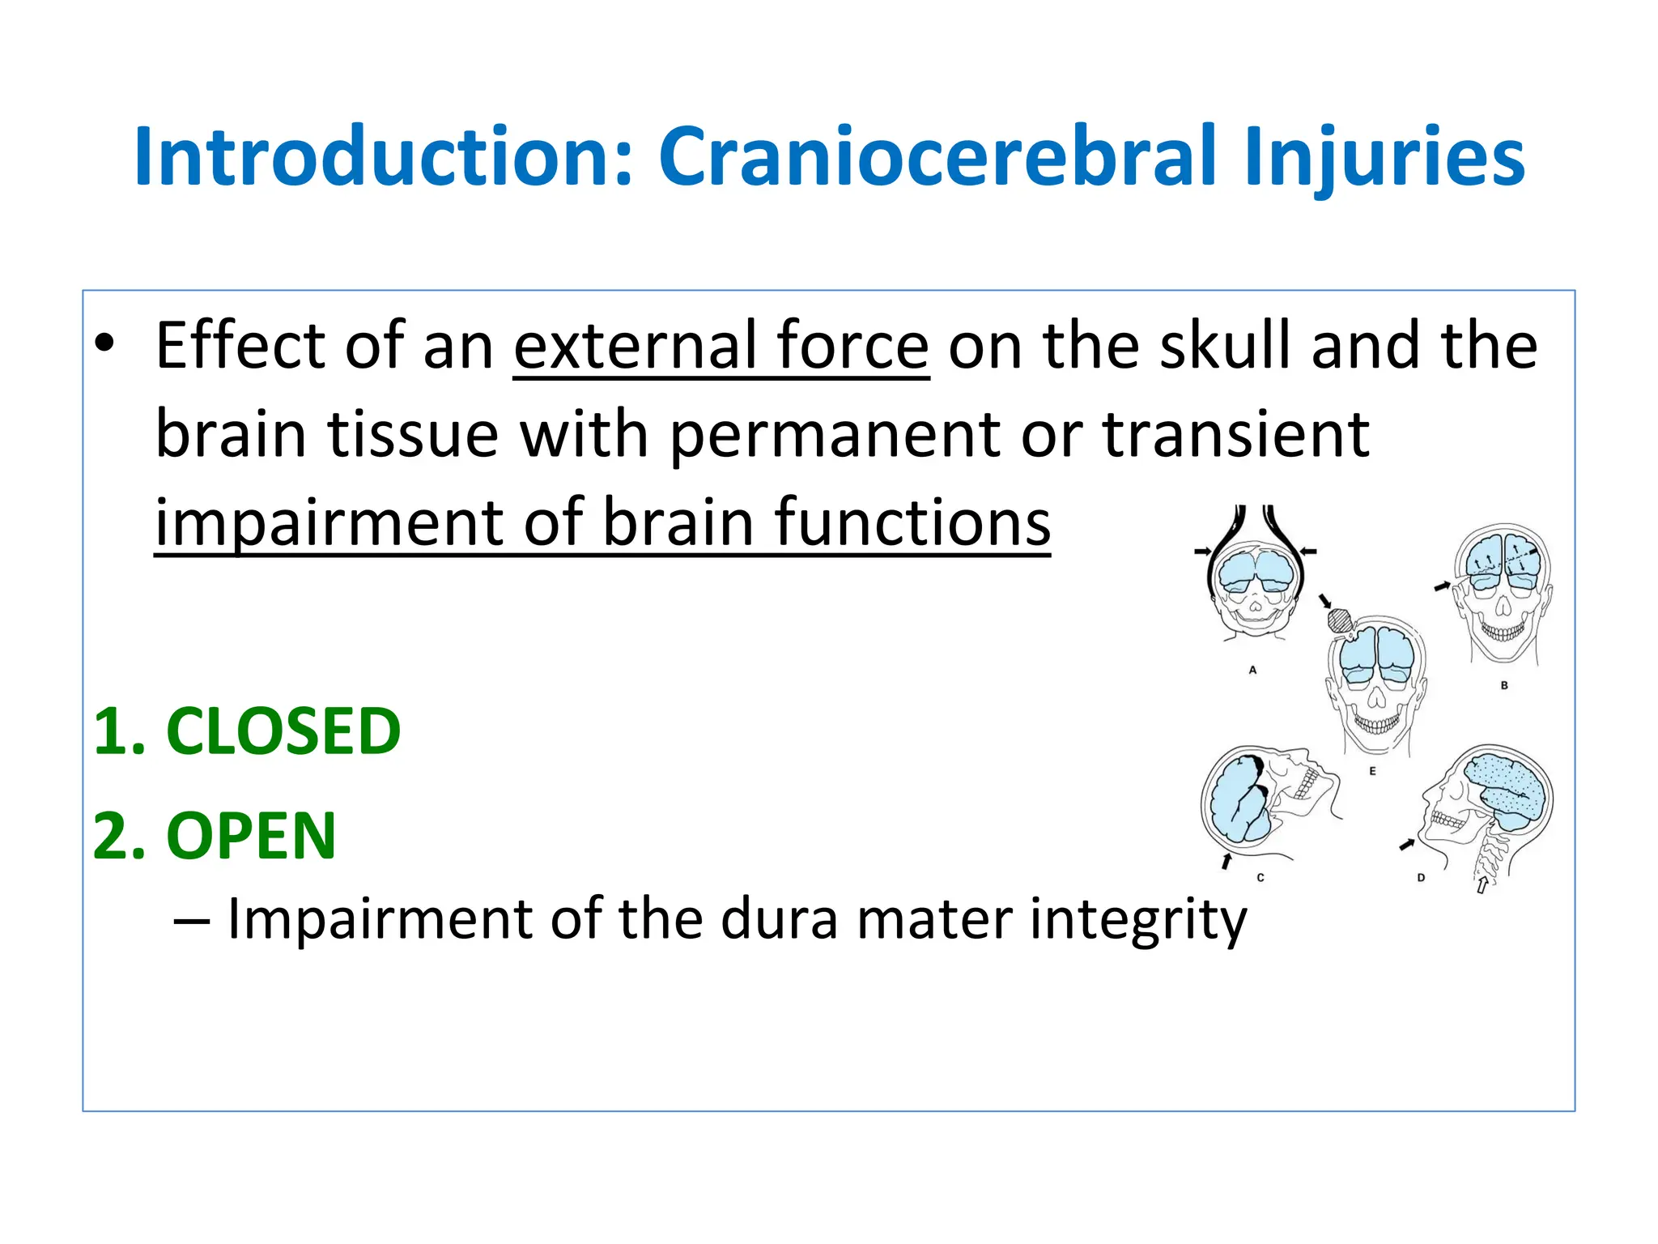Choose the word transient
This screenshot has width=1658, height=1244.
[1237, 435]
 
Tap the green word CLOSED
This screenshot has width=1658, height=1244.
[283, 731]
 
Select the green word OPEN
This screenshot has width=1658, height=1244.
[251, 836]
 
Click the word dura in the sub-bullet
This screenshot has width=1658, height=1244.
[778, 919]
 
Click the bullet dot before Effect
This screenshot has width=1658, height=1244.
[104, 344]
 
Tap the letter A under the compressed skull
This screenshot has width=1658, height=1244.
[1252, 670]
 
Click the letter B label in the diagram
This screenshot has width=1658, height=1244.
[1504, 685]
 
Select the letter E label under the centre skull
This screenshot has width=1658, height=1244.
[1372, 771]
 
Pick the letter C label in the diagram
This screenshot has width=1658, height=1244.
[1261, 877]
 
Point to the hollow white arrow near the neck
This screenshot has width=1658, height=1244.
[1481, 884]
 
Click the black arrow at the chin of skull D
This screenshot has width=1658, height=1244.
[1407, 845]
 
